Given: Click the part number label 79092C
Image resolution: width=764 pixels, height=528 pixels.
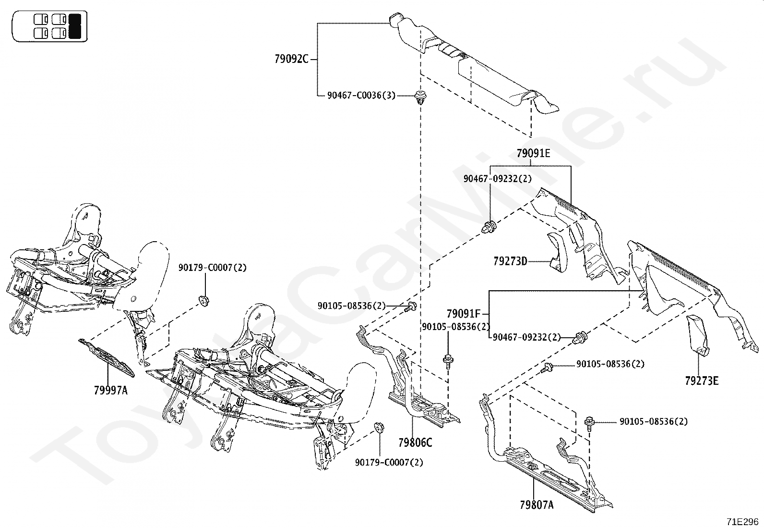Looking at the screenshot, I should click(291, 60).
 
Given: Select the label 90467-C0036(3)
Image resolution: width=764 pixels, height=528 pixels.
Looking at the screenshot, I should click(361, 95).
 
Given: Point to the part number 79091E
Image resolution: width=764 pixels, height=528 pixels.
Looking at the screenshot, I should click(533, 154).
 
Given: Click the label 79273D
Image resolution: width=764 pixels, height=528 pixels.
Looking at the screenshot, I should click(510, 261).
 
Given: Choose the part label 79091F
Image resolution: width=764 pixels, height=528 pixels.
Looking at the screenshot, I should click(463, 314).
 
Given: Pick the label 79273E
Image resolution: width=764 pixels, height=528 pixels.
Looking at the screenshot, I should click(702, 381).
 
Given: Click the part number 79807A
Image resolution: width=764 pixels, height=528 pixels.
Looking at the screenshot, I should click(536, 505).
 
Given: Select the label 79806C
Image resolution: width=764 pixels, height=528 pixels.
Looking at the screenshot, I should click(415, 442).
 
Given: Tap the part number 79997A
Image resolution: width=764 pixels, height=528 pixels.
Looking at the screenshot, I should click(111, 390).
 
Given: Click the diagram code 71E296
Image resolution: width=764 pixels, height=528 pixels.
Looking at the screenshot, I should click(742, 522).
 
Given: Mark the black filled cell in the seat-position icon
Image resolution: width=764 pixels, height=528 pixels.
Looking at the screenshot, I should click(75, 26).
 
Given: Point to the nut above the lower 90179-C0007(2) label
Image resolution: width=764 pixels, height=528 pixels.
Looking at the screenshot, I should click(378, 427).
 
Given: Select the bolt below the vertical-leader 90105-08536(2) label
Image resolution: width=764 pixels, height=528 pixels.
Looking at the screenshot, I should click(448, 360).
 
